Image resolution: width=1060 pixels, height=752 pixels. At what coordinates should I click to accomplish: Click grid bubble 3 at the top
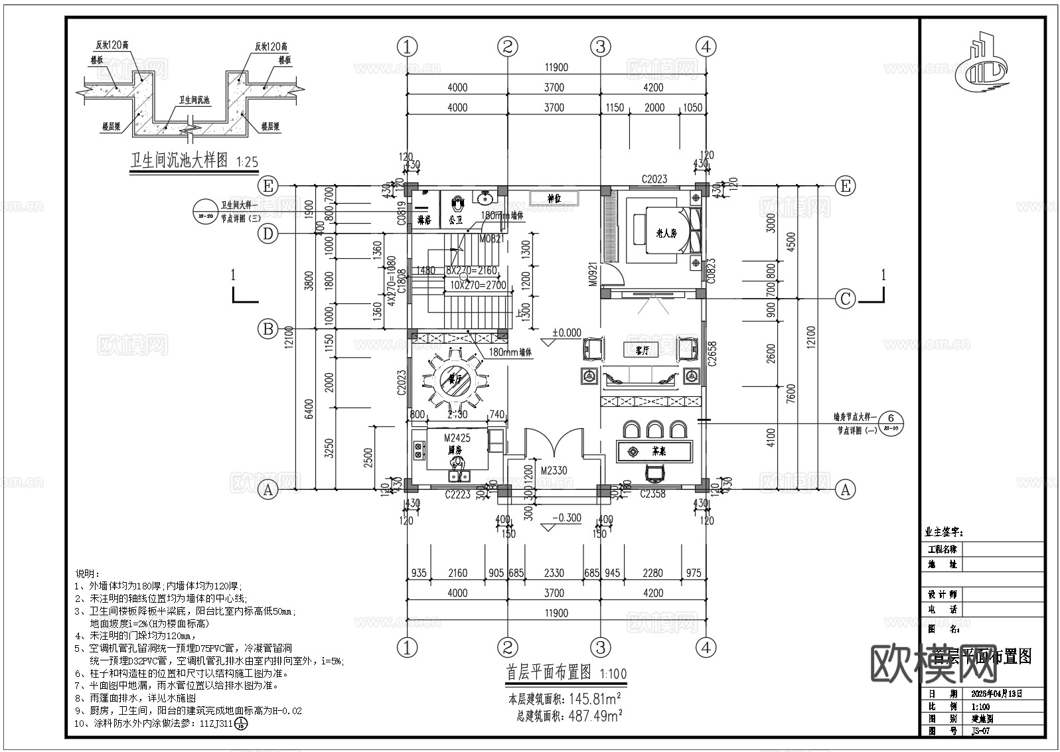[x=600, y=46]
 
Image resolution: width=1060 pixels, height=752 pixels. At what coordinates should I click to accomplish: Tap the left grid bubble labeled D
[x=267, y=234]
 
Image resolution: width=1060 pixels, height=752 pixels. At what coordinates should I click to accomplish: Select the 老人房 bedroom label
[x=665, y=233]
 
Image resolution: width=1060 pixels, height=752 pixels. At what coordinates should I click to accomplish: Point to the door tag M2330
[x=553, y=471]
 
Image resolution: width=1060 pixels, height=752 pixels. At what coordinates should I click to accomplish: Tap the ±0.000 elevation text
[x=566, y=333]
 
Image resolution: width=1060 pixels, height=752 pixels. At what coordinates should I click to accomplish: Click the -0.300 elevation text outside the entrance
[x=566, y=518]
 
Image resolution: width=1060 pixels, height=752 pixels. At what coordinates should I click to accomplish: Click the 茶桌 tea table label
[x=658, y=451]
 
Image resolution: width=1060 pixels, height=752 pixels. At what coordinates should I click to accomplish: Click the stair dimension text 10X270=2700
[x=478, y=285]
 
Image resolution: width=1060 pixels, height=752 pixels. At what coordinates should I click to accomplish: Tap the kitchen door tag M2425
[x=457, y=438]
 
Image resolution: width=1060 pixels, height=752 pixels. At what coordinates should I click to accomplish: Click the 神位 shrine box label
[x=554, y=198]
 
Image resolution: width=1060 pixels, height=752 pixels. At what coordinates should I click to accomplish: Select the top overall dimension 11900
[x=556, y=67]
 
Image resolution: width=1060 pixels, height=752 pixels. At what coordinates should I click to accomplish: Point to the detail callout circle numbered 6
[x=891, y=418]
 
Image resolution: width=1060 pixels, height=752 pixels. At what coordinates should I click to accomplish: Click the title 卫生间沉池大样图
[x=179, y=161]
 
